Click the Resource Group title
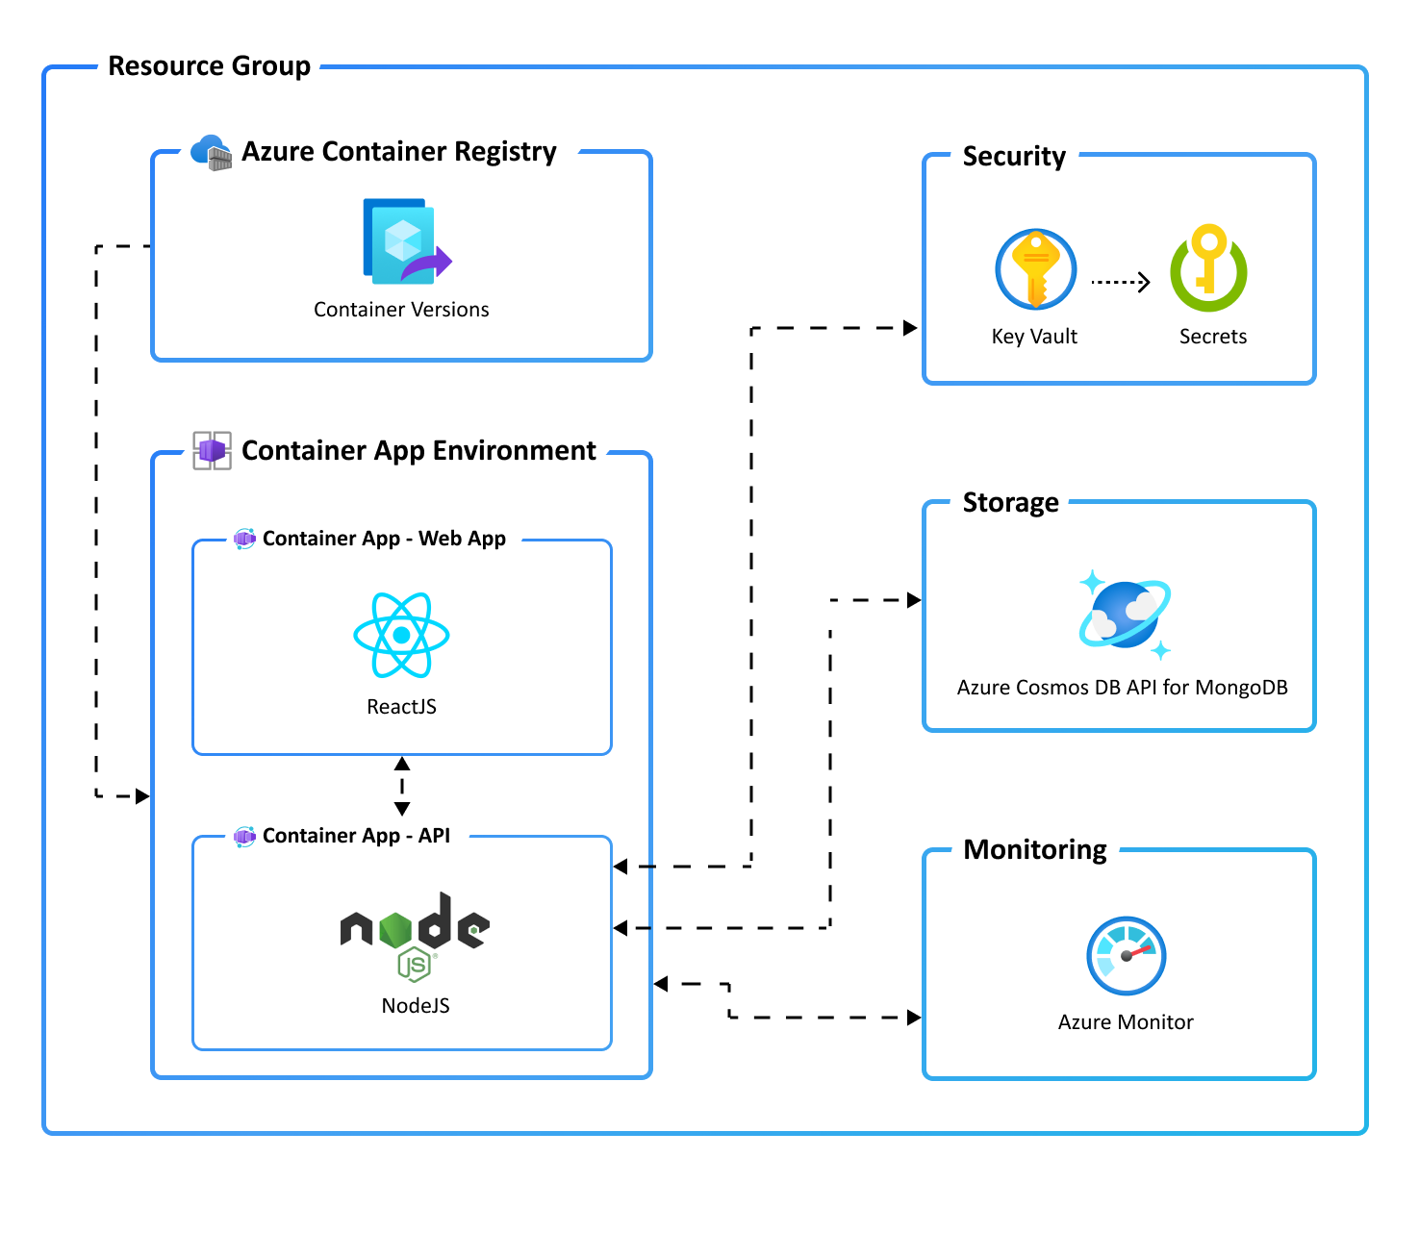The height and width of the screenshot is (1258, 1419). coord(209,66)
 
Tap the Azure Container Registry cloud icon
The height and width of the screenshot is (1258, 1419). coord(211,152)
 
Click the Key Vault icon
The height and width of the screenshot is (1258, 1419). coord(1035,269)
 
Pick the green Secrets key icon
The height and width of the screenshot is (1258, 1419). coord(1208,268)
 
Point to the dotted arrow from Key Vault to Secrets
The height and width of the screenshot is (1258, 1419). coord(1121,282)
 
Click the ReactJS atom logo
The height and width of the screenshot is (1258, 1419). coord(401,635)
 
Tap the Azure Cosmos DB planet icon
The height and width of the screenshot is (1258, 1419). coord(1124,614)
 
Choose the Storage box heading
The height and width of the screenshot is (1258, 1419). coord(1010,503)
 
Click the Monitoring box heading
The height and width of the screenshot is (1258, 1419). coord(1035,850)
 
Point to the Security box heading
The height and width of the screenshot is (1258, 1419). coord(1014,157)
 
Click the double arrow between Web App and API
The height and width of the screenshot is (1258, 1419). coord(402,786)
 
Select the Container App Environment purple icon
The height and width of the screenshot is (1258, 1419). coord(212,450)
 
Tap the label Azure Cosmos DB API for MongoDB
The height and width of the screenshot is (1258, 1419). coord(1122,688)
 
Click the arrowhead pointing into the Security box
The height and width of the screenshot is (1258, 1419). coord(910,328)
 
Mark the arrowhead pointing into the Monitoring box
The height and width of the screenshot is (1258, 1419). coord(913,1018)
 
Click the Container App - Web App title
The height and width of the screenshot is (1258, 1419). coord(384,539)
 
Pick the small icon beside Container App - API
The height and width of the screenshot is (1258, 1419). coord(244,836)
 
